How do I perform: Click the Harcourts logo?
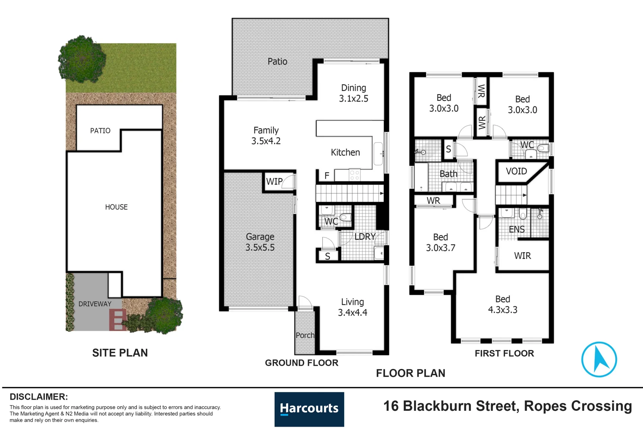[x=309, y=409]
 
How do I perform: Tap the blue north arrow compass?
[x=599, y=359]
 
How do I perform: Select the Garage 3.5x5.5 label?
[x=260, y=242]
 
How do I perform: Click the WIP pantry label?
[x=274, y=182]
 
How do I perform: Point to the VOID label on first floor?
[x=516, y=171]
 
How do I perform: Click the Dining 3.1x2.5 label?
[x=353, y=93]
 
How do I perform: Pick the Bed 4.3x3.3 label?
[x=502, y=304]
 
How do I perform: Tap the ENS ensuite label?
[x=516, y=229]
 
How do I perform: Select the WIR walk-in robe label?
[x=522, y=256]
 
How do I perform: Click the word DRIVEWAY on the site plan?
[x=94, y=304]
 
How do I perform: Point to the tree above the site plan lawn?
[x=82, y=59]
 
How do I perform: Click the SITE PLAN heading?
[x=120, y=353]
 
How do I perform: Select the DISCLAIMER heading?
[x=39, y=396]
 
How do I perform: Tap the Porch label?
[x=305, y=335]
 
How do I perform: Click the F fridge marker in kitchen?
[x=327, y=176]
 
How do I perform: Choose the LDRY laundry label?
[x=365, y=237]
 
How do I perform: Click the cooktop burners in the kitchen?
[x=354, y=175]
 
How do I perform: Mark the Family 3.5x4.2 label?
[x=266, y=135]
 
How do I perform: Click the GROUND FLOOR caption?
[x=302, y=363]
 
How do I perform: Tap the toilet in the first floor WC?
[x=543, y=149]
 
